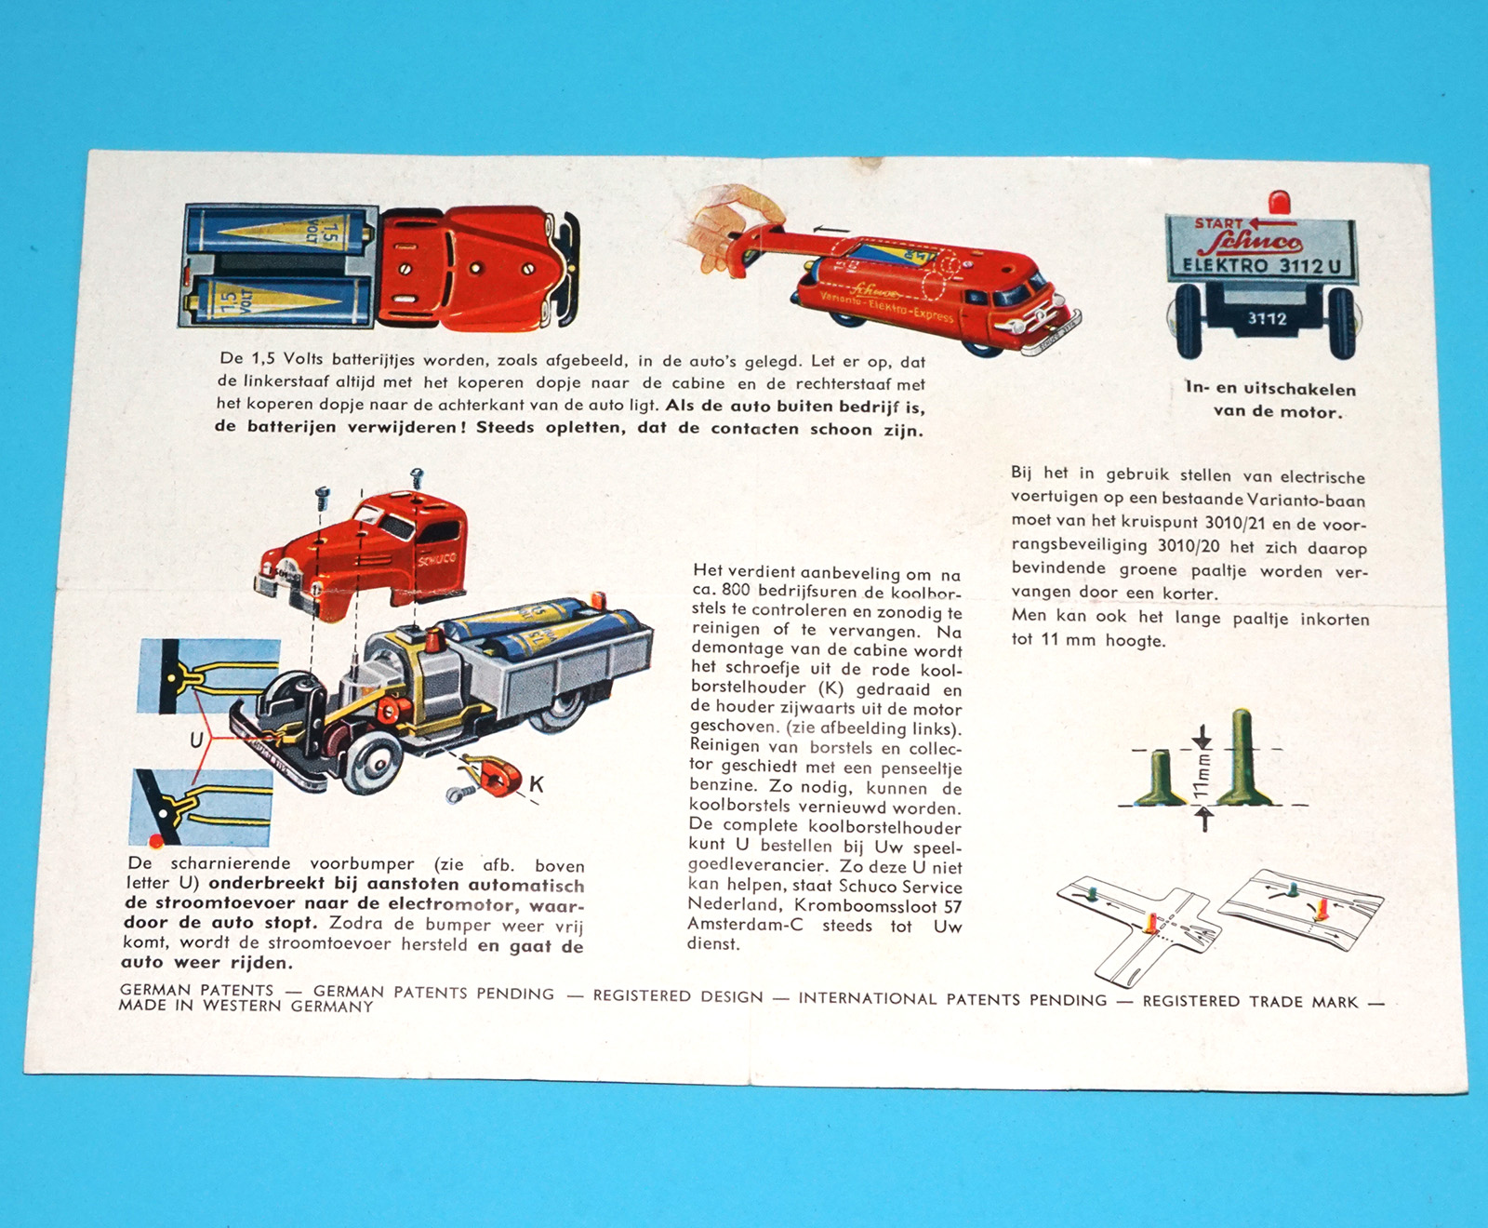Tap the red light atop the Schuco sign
click(x=1281, y=203)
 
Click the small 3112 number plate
click(x=1267, y=319)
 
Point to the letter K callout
click(x=537, y=784)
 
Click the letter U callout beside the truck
click(x=196, y=741)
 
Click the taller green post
click(x=1242, y=757)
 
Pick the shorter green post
click(x=1159, y=778)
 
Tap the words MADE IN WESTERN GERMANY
click(x=246, y=1006)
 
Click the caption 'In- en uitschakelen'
click(x=1270, y=389)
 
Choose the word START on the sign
click(x=1218, y=223)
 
